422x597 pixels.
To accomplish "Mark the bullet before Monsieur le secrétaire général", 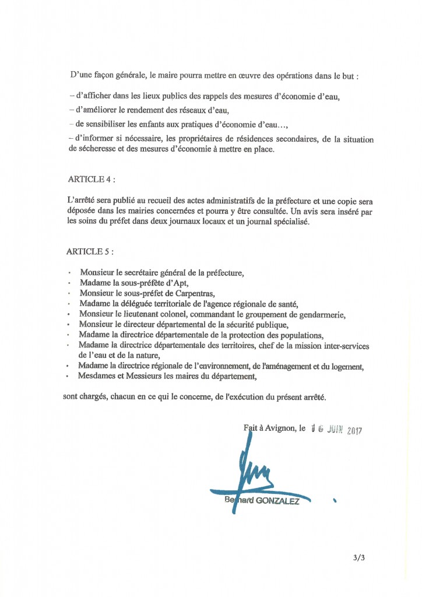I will click(x=69, y=273).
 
